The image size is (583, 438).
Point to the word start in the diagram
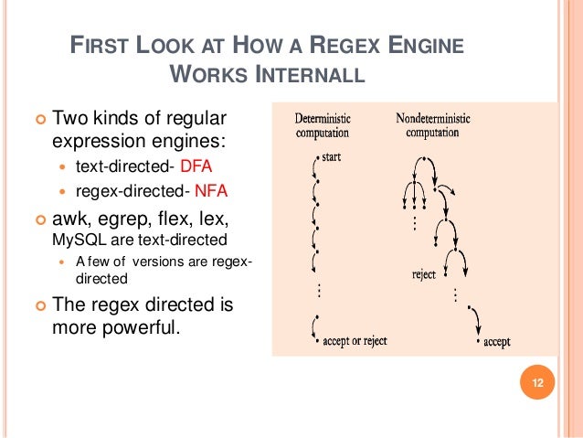pyautogui.click(x=332, y=158)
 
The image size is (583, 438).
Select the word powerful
pyautogui.click(x=135, y=326)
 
